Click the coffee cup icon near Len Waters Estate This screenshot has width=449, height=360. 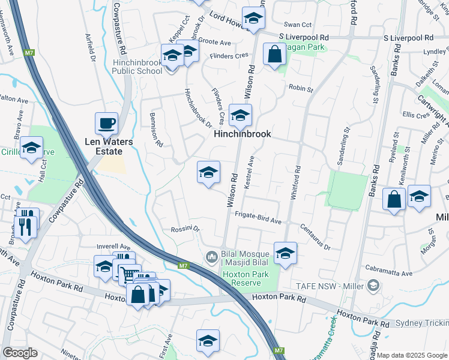point(106,124)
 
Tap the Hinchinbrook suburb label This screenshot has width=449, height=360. point(243,134)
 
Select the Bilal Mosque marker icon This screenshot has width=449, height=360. point(211,257)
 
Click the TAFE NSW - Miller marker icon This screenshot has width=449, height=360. point(375,284)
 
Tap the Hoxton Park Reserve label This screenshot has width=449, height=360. point(243,278)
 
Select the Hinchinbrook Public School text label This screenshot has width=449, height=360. point(137,66)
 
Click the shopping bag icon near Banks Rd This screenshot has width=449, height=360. point(394,200)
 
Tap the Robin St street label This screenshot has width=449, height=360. point(301,89)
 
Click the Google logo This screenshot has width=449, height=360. point(20,353)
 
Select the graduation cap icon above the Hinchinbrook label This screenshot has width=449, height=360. point(240,115)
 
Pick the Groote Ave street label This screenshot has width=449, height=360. point(214,43)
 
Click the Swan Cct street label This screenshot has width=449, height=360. point(298,25)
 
